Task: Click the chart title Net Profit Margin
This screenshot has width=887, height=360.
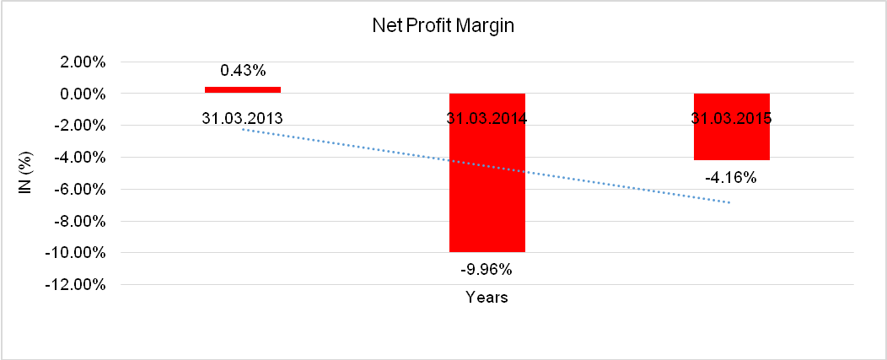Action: pyautogui.click(x=443, y=26)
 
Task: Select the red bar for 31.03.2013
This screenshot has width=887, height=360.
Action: pyautogui.click(x=243, y=89)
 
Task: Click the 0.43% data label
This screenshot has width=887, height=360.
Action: pyautogui.click(x=243, y=70)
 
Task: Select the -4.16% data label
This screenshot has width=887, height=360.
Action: pyautogui.click(x=731, y=178)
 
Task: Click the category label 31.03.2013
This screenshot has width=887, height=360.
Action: pyautogui.click(x=243, y=118)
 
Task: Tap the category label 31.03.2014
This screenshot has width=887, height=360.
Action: pyautogui.click(x=487, y=118)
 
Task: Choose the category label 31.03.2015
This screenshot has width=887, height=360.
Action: pyautogui.click(x=731, y=118)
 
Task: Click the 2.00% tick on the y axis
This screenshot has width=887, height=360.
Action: pyautogui.click(x=82, y=62)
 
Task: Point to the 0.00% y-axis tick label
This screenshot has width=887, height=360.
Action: pyautogui.click(x=82, y=94)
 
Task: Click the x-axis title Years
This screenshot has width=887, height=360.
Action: pyautogui.click(x=487, y=298)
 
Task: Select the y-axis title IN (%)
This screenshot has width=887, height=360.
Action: pyautogui.click(x=25, y=174)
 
